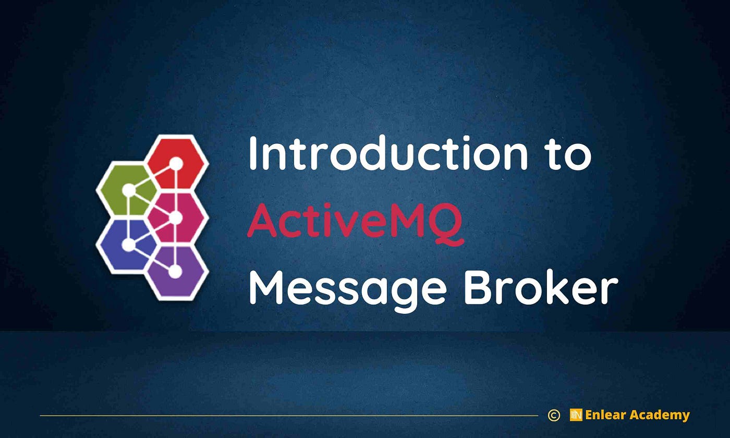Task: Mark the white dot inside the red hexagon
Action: pos(176,164)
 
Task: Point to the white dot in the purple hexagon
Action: pos(175,271)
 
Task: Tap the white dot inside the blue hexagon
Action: pos(128,244)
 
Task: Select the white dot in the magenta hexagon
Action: pos(175,217)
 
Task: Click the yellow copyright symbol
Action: pos(554,415)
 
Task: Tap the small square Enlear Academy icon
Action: pos(576,415)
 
